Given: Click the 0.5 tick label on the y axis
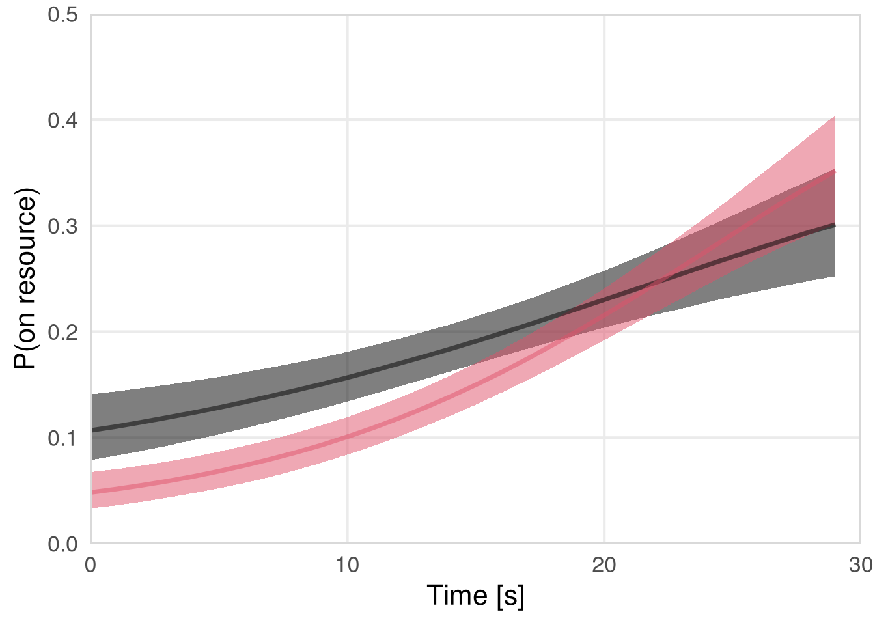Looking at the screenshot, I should pyautogui.click(x=62, y=14).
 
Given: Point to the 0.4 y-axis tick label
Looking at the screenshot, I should pyautogui.click(x=62, y=120).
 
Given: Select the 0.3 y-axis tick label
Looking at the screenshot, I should pyautogui.click(x=62, y=227).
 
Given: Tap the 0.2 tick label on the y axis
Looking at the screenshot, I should pyautogui.click(x=62, y=332).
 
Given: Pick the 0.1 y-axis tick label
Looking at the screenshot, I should pyautogui.click(x=62, y=438).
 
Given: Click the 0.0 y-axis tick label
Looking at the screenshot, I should pyautogui.click(x=62, y=544).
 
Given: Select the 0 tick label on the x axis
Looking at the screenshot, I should pyautogui.click(x=90, y=565).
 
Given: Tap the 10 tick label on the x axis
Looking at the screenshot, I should pyautogui.click(x=348, y=565).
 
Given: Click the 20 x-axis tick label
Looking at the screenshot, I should pyautogui.click(x=604, y=565).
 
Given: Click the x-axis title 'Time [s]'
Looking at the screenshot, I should pyautogui.click(x=475, y=596).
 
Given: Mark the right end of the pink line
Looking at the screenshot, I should pyautogui.click(x=835, y=171).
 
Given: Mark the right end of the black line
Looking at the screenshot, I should pyautogui.click(x=835, y=225).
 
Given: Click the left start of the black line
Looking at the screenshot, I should pyautogui.click(x=92, y=430).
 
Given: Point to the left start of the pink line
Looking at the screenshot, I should pyautogui.click(x=92, y=492).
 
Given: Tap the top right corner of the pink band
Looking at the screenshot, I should pyautogui.click(x=835, y=116).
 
